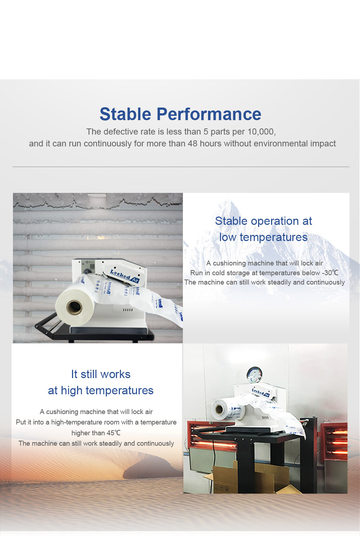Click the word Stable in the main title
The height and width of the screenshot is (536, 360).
pos(125,114)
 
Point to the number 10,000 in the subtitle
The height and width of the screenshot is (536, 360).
pos(261,132)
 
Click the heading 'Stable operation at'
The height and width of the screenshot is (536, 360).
pos(264,221)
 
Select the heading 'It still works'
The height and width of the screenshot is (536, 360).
pos(100,374)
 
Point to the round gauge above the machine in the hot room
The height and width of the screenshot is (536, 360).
pos(255,374)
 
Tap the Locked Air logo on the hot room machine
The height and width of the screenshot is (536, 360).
pos(261,392)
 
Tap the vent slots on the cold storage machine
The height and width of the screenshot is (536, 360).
pos(128,310)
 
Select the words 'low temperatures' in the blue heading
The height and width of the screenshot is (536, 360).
pos(263,237)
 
